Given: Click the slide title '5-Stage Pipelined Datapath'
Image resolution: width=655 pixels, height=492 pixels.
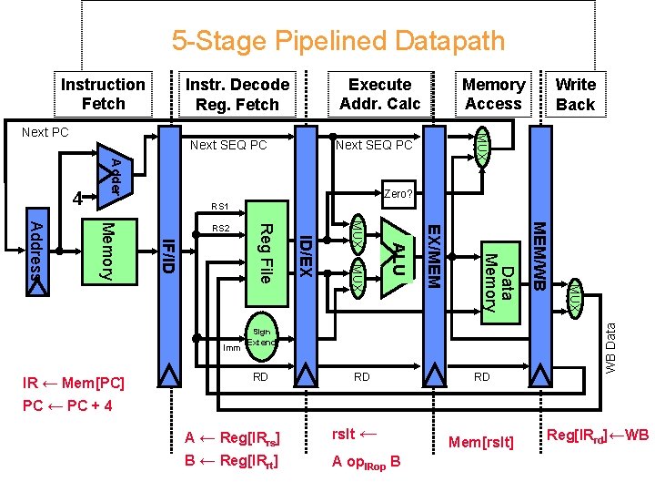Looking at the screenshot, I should (338, 41).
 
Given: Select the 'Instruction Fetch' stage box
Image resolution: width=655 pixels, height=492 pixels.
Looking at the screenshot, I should (103, 94).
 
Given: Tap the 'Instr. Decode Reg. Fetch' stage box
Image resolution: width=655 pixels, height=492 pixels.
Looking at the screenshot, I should (237, 94).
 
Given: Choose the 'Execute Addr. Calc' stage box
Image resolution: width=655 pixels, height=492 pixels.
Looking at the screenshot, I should (379, 94).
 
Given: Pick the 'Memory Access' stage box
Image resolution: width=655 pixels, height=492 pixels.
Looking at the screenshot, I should (493, 94).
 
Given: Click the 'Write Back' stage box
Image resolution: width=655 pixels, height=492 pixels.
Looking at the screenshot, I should (575, 94).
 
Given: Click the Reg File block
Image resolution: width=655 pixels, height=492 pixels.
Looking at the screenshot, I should (263, 253).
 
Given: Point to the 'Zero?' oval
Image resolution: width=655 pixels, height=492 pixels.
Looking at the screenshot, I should (398, 193).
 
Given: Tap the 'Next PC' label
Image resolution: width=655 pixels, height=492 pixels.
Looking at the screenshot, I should (45, 132).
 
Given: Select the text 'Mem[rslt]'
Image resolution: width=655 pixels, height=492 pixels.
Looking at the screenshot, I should (482, 443).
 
